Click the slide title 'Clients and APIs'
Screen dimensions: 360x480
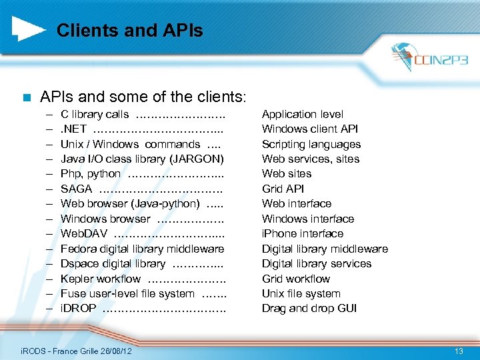pyautogui.click(x=129, y=30)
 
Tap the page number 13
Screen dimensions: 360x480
pyautogui.click(x=459, y=351)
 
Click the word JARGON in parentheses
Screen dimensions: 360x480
pyautogui.click(x=198, y=159)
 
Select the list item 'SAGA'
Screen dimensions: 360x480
pyautogui.click(x=76, y=189)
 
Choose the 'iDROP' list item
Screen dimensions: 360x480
pyautogui.click(x=78, y=308)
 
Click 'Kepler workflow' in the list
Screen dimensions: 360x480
pyautogui.click(x=101, y=279)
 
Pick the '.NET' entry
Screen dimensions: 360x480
pyautogui.click(x=73, y=129)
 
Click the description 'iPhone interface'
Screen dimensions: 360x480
pyautogui.click(x=303, y=233)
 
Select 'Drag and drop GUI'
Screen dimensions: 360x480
pyautogui.click(x=309, y=308)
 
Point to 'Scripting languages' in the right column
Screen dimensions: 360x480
pyautogui.click(x=311, y=144)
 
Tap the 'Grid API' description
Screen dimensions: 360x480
pyautogui.click(x=283, y=189)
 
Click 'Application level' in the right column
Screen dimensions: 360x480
pyautogui.click(x=303, y=114)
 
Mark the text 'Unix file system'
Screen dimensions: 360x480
pyautogui.click(x=301, y=293)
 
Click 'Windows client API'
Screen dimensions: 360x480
pyautogui.click(x=310, y=129)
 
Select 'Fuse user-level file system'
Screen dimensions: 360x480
pyautogui.click(x=127, y=293)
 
